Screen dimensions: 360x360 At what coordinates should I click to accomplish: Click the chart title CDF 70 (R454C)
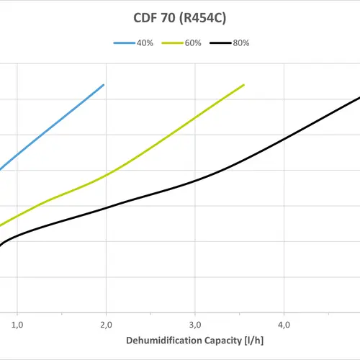coord(181,17)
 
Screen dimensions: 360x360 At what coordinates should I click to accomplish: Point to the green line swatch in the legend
coord(172,43)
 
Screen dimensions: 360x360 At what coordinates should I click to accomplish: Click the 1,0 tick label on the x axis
coord(17,325)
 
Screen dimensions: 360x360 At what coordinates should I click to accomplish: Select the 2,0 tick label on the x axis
coord(106,325)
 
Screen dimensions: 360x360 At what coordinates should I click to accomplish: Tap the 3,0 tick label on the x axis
coord(195,325)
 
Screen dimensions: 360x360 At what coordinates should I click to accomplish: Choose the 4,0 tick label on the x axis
coord(284,325)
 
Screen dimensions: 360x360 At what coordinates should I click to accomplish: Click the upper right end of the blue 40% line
coord(104,84)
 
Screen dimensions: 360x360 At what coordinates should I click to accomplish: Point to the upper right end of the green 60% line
coord(244,84)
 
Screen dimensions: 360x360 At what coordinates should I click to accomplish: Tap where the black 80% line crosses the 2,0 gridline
coord(106,208)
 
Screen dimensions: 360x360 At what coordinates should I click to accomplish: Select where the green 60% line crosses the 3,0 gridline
coord(195,117)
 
